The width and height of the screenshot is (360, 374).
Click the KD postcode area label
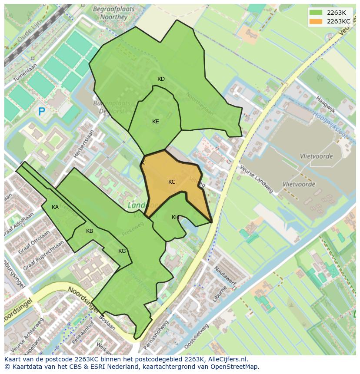161,79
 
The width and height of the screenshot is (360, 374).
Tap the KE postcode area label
155,122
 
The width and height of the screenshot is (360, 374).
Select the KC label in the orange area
172,182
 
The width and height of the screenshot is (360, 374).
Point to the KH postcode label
175,217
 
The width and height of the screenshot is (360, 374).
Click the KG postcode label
122,251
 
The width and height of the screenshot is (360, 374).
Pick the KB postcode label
90,231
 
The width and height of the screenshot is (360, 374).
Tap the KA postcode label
55,207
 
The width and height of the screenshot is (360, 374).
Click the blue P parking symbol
42,112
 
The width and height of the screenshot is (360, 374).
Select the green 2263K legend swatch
316,13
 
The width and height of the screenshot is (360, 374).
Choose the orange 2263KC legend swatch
316,21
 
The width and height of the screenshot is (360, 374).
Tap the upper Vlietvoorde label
316,156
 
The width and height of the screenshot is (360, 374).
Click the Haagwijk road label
326,104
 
